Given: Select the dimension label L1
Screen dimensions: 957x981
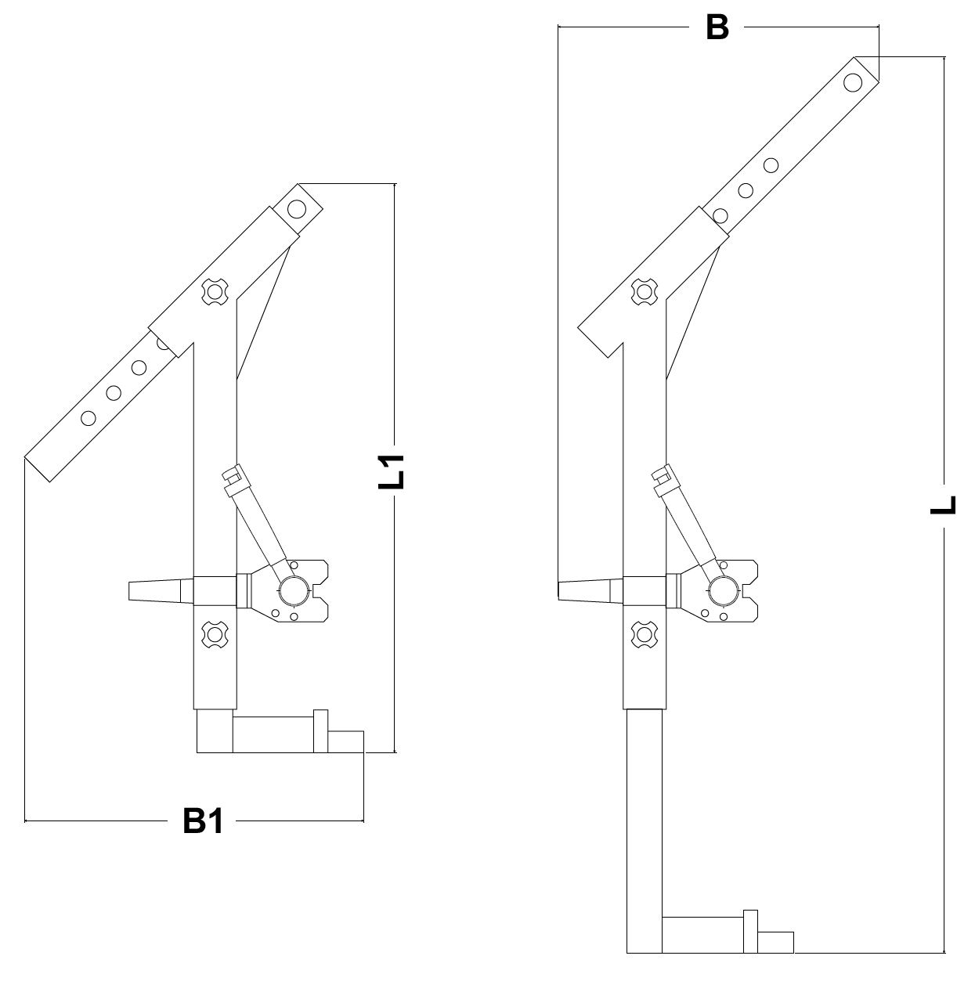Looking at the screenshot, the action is (392, 472).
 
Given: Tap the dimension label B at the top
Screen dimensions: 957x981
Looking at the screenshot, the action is (717, 27).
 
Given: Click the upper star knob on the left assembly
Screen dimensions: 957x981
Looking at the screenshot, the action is (215, 291).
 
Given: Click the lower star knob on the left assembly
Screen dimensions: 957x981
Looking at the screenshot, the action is (215, 635).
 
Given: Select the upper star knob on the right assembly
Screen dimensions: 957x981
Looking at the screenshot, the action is (645, 291).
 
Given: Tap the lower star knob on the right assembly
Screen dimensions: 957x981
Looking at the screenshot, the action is (645, 635).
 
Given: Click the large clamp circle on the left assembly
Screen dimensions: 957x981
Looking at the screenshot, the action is (294, 590).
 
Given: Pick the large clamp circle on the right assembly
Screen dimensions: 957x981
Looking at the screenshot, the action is (724, 590).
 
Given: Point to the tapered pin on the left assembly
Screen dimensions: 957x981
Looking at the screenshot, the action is (161, 591).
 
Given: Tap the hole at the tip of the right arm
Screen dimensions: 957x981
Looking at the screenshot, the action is (853, 82).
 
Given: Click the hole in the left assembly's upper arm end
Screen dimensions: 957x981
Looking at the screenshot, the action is (297, 209).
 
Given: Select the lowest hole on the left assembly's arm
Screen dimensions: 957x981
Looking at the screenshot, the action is (88, 418).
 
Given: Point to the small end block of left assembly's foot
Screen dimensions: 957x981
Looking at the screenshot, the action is (345, 741).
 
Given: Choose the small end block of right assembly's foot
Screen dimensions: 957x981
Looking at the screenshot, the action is (775, 942).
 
